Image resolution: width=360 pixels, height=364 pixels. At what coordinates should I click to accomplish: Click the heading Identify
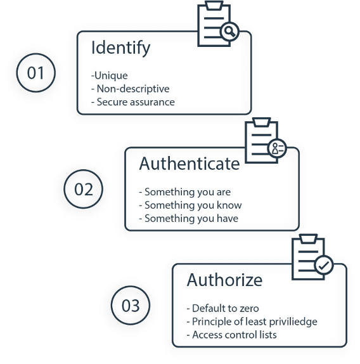click(121, 48)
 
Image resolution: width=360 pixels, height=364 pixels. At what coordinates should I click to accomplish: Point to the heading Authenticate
click(190, 164)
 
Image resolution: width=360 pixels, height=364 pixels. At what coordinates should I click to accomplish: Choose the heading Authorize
click(224, 280)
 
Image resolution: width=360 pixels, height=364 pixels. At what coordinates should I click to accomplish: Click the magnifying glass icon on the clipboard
click(229, 31)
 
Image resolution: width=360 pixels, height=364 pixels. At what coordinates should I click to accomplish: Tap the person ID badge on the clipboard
click(277, 148)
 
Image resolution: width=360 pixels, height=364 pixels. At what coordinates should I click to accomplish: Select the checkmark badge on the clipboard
click(324, 265)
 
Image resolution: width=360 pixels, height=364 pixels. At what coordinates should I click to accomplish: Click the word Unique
click(111, 75)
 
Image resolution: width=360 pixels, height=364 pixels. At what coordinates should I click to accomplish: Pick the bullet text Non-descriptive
click(133, 89)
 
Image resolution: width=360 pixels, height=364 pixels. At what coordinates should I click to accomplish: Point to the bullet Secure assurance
click(136, 102)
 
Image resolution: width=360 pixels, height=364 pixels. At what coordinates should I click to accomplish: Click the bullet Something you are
click(188, 192)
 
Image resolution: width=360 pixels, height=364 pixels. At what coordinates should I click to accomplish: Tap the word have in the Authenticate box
click(228, 218)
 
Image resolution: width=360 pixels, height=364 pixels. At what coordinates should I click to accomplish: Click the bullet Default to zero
click(226, 309)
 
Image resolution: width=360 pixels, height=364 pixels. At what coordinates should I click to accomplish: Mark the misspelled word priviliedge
click(293, 322)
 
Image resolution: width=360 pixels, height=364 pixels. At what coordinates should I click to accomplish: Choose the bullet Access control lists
click(235, 335)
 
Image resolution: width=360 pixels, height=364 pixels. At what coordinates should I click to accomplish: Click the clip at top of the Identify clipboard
click(214, 5)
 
